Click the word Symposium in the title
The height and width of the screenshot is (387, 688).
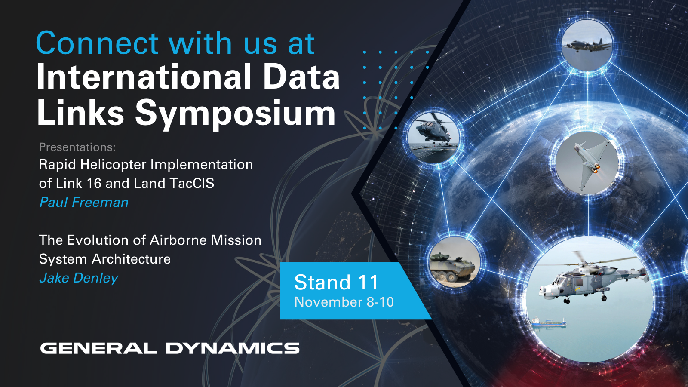tap(235, 114)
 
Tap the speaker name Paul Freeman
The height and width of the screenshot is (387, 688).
tap(84, 203)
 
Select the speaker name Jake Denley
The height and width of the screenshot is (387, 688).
tap(79, 278)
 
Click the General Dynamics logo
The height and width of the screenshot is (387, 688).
tap(170, 348)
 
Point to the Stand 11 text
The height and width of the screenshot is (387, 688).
tap(336, 282)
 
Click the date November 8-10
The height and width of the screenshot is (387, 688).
tap(344, 302)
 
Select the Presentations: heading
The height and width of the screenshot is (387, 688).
tap(77, 147)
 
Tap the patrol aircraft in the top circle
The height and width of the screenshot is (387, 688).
tap(587, 45)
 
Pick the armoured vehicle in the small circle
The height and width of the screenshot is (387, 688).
tap(452, 267)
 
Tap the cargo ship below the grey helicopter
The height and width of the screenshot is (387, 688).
tap(549, 322)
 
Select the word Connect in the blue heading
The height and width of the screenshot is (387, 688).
tap(97, 43)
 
